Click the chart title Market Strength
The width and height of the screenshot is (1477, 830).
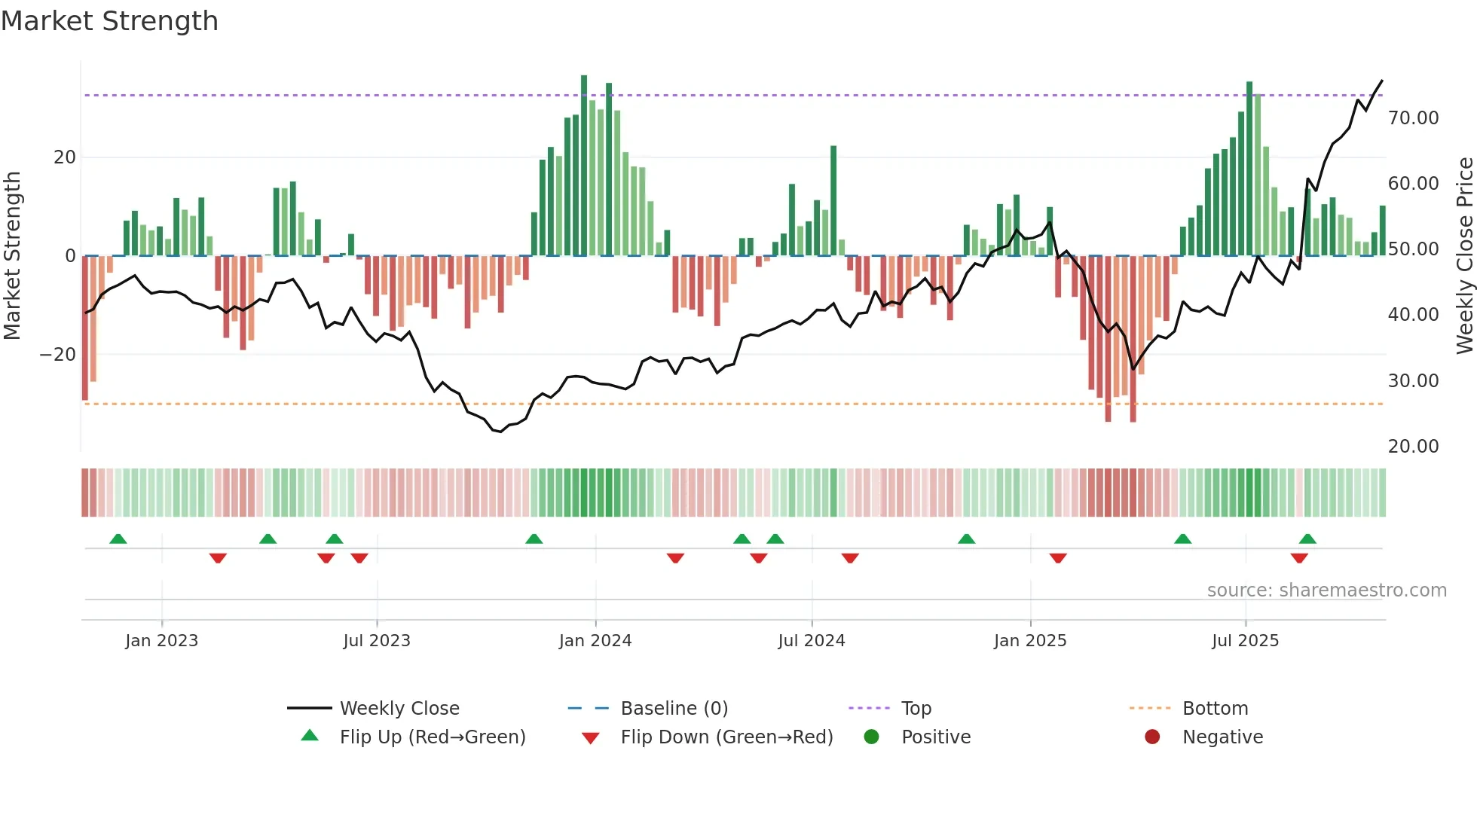[109, 21]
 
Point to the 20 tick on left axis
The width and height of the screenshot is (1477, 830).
[65, 157]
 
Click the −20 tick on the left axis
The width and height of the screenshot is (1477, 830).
[58, 355]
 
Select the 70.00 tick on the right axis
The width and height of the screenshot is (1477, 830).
[1413, 118]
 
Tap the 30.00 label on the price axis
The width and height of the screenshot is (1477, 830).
[1413, 381]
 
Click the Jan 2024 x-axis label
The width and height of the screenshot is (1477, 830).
[595, 641]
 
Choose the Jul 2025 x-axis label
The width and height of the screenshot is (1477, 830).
[1245, 641]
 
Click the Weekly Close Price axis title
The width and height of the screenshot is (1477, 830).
[1464, 256]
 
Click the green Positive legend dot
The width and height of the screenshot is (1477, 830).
[872, 737]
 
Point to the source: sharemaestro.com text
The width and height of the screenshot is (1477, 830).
[1326, 590]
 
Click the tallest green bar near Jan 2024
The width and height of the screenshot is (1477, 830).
[584, 166]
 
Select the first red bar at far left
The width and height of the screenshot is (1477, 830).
[85, 328]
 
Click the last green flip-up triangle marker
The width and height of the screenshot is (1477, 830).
[1307, 539]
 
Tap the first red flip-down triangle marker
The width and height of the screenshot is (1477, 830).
[218, 558]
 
